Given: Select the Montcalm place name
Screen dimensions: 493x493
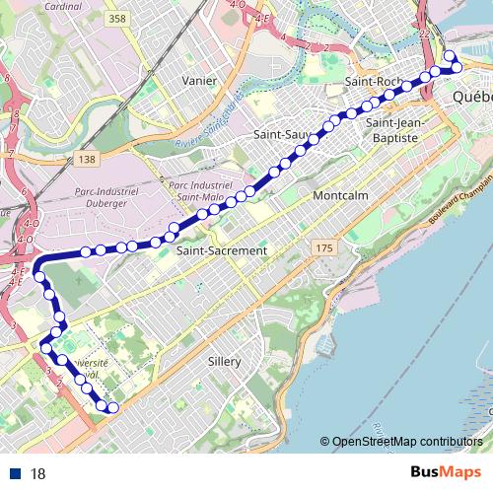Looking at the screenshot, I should [339, 196].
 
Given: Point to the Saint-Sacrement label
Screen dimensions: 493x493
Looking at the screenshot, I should [221, 251].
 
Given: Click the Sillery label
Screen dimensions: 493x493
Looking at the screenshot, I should [225, 362].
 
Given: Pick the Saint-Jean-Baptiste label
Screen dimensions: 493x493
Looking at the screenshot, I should [393, 130].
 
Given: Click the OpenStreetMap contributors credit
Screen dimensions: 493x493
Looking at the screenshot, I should [406, 441].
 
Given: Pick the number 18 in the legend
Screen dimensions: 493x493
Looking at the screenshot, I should [38, 473].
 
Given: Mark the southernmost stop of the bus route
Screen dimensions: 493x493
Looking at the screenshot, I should [112, 407].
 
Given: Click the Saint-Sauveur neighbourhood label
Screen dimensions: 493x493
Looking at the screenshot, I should [277, 132].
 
